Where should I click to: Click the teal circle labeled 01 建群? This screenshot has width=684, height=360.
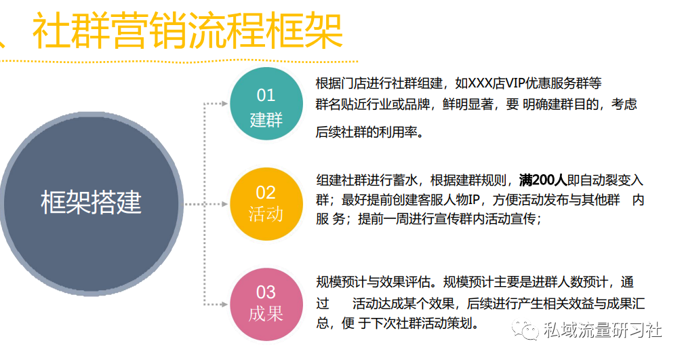266,104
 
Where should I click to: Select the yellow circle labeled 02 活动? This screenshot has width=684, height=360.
266,204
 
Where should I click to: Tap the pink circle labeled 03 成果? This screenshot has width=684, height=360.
266,304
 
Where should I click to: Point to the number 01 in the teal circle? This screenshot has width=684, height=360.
266,95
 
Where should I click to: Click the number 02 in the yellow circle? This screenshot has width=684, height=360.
266,193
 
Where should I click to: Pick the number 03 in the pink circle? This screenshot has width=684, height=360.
266,292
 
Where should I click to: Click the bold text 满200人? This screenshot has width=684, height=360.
543,180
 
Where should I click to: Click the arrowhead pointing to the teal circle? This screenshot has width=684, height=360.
225,104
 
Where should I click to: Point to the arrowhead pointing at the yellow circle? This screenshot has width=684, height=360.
225,204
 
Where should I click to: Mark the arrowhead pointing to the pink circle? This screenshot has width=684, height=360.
225,304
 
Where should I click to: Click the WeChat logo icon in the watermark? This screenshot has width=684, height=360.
525,330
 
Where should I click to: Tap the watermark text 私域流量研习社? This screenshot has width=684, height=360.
602,330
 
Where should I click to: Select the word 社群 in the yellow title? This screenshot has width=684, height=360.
71,31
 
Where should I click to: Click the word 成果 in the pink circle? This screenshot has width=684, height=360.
266,313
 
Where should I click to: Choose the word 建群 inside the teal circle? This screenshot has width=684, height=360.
266,119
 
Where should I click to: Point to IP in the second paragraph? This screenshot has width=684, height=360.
474,199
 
